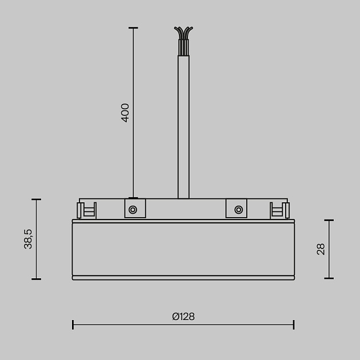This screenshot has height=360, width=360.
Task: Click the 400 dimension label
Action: (x=126, y=113)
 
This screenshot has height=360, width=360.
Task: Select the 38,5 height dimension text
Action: (x=28, y=239)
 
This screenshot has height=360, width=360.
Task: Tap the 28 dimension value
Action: (x=321, y=249)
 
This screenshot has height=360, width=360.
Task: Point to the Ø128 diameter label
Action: (x=183, y=316)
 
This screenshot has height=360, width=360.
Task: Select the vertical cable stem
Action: (x=183, y=126)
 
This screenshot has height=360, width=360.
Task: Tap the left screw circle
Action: (x=133, y=210)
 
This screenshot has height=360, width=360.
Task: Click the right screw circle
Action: (x=237, y=210)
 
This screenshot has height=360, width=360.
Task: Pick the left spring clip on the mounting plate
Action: (x=88, y=210)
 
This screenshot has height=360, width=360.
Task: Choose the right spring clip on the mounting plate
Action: (x=278, y=210)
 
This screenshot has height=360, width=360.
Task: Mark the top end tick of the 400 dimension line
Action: (x=133, y=27)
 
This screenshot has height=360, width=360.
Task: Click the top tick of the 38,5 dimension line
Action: (x=37, y=199)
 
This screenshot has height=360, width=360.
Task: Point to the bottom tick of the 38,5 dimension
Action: (x=37, y=279)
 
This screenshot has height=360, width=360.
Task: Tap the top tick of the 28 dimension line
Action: (x=329, y=220)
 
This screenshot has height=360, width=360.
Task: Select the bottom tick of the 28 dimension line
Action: (x=329, y=278)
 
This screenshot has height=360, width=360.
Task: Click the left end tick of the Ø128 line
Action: (x=73, y=325)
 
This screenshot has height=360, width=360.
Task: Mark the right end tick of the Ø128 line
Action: (x=294, y=325)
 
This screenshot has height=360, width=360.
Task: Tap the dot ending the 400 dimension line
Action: (x=133, y=198)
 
